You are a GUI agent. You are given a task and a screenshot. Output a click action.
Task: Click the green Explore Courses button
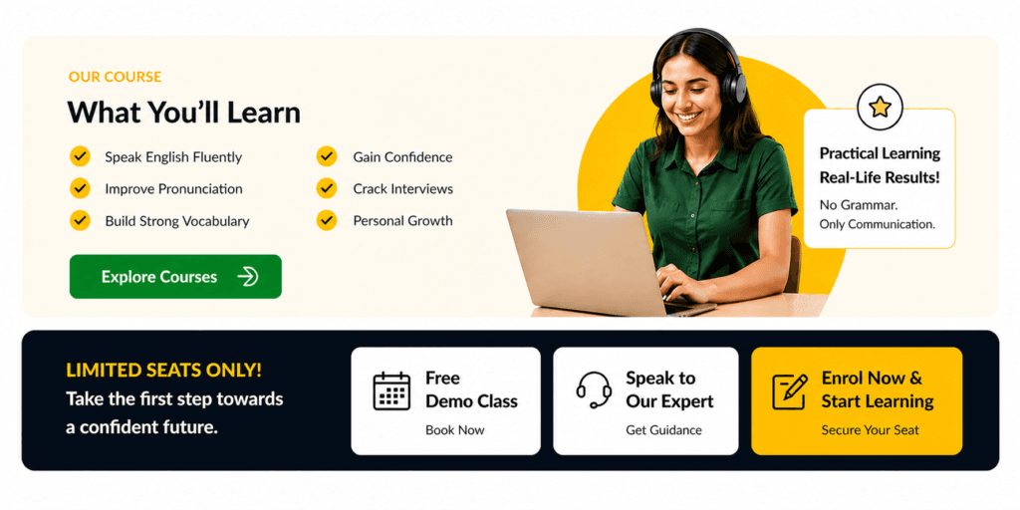pos(175,277)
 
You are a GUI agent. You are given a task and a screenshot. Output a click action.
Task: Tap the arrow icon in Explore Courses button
pos(248,277)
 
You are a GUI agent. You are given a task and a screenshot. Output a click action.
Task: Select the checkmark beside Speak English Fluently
pos(80,156)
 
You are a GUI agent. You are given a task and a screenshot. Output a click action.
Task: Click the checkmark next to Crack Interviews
pos(327,188)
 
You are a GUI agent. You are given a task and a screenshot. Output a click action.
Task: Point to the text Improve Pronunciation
pos(173,189)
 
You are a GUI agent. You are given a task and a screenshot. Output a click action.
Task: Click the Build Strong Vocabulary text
pos(177,221)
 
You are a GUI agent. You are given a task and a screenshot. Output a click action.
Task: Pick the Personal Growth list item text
pos(402,221)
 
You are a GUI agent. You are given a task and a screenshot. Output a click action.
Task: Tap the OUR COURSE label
pos(115,77)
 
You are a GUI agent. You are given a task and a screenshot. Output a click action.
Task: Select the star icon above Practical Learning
pos(880,107)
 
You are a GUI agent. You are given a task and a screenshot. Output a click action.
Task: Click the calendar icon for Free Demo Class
pos(391,390)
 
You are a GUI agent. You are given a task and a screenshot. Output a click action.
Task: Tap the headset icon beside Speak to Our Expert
pos(594,389)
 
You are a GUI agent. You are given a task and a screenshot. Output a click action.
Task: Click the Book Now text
pos(454,430)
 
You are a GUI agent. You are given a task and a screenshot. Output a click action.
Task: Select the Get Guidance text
pos(663,430)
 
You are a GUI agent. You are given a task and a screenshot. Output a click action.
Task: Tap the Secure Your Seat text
pos(870,430)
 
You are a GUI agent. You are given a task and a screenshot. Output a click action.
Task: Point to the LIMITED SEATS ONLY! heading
pos(164,371)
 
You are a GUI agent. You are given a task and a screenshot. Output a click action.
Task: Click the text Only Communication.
pos(877,224)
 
